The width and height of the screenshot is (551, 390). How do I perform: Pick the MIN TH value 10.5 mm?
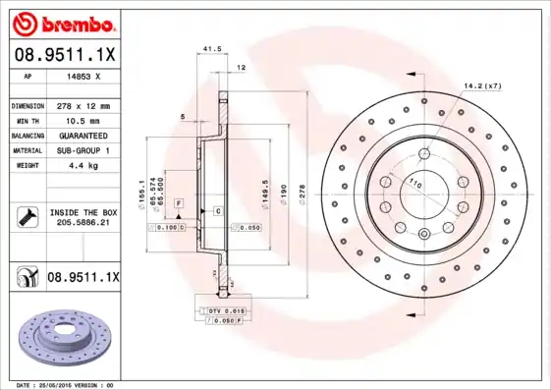click(80, 120)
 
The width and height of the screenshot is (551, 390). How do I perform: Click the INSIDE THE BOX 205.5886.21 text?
click(83, 218)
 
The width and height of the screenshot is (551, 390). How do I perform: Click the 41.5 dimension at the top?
click(208, 48)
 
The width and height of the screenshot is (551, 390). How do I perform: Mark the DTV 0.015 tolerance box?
click(218, 310)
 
